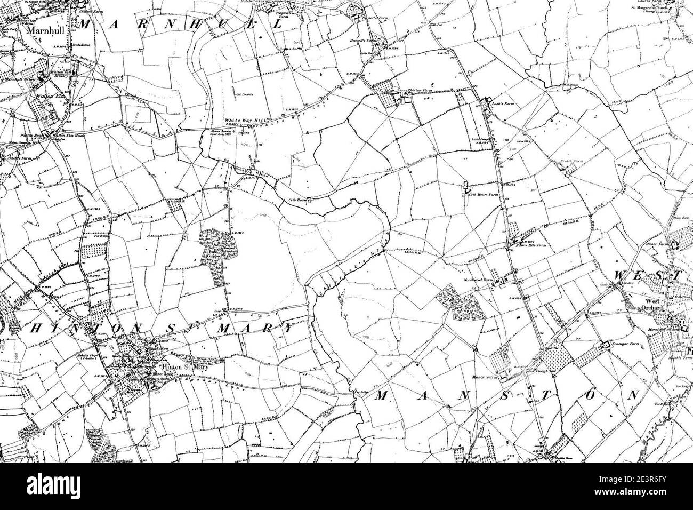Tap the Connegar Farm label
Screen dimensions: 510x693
click(x=621, y=345)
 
